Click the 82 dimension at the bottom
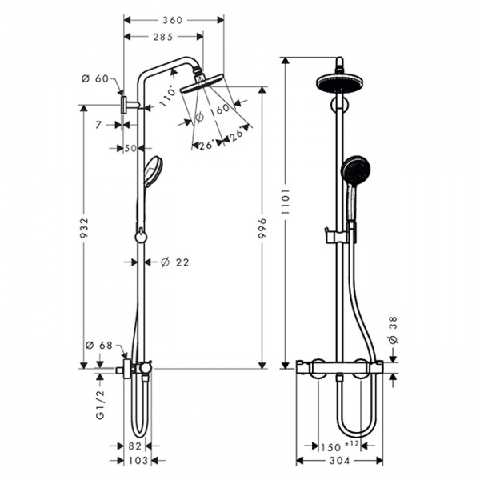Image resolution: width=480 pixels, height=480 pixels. [x=135, y=445]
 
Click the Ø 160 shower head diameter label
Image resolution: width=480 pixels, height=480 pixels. [x=212, y=110]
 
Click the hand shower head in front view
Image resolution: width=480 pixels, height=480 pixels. [x=354, y=170]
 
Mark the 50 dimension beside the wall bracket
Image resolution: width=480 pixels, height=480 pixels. [x=130, y=148]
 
